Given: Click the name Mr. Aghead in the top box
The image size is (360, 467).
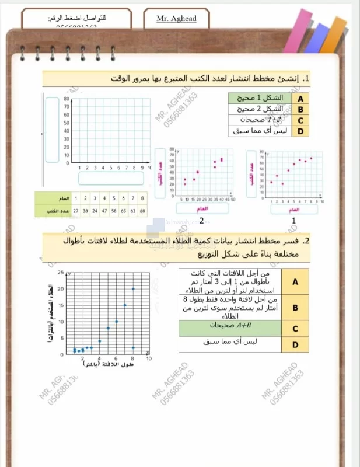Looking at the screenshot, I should (x=177, y=19).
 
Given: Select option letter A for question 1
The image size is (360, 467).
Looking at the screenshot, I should (x=300, y=99).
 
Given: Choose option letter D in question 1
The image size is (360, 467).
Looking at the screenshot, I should (x=300, y=131).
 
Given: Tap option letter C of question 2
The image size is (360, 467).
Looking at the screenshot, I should (x=295, y=328).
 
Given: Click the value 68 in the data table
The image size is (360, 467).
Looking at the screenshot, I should (x=142, y=210).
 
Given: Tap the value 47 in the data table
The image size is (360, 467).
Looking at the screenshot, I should (x=105, y=210).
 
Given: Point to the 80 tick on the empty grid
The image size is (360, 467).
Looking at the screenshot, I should (x=67, y=99).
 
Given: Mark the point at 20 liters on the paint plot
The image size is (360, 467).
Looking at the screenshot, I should (x=133, y=289).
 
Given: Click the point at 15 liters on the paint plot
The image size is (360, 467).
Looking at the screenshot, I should (x=125, y=305).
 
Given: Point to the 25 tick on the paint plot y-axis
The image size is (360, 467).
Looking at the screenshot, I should (x=60, y=273).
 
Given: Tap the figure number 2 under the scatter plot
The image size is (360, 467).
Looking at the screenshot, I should (x=201, y=221).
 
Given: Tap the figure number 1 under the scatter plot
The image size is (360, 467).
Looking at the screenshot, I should (x=293, y=221).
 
